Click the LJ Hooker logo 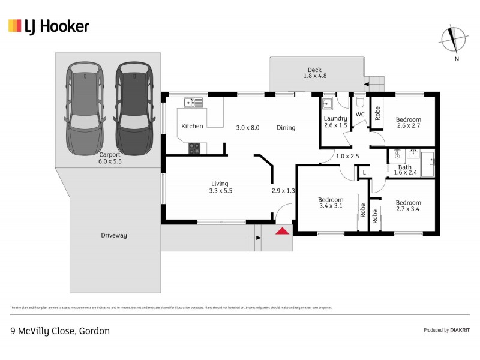tap(49, 26)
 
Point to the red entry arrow tap(282, 230)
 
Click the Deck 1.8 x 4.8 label tap(315, 73)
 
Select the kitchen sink tap(193, 103)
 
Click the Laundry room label tap(335, 122)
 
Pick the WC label tap(360, 114)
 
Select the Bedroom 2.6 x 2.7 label tap(409, 123)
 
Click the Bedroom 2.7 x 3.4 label tap(409, 206)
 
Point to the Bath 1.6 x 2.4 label tap(405, 170)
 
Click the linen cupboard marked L tap(364, 173)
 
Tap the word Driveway tap(113, 235)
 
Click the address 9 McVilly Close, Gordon tap(60, 331)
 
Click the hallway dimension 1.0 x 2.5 tap(347, 157)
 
